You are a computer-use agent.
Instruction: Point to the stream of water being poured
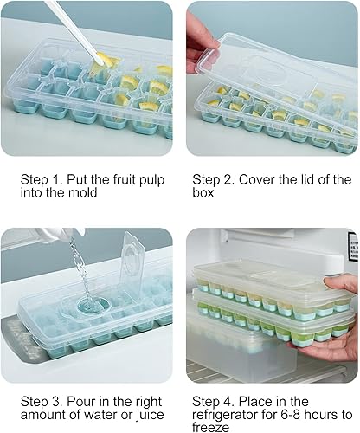click(74, 260)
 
